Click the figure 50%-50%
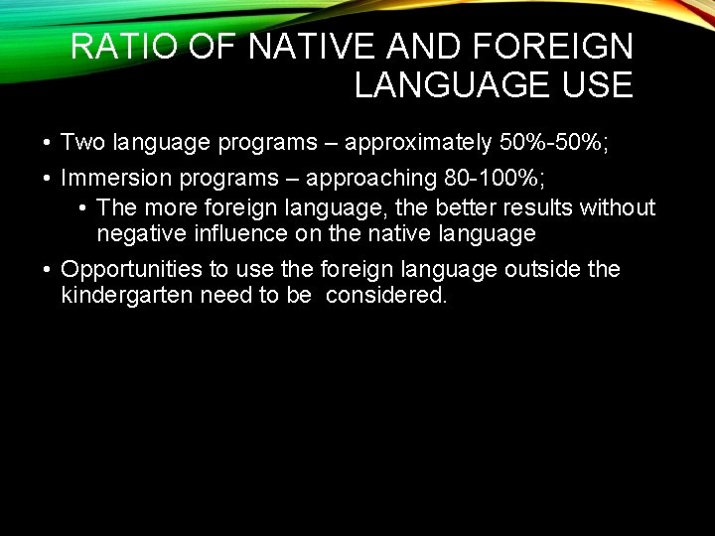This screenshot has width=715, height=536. coord(552,145)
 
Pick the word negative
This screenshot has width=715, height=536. coord(145,234)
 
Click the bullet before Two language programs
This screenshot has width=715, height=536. coord(47,146)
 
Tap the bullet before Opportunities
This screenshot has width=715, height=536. coord(47,270)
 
